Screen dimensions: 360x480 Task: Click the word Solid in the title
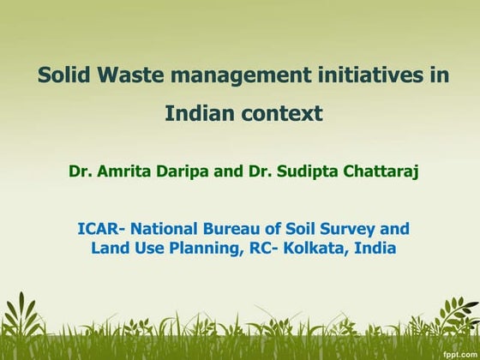click(63, 75)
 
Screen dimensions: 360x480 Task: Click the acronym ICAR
click(97, 229)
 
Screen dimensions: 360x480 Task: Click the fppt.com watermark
click(458, 352)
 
